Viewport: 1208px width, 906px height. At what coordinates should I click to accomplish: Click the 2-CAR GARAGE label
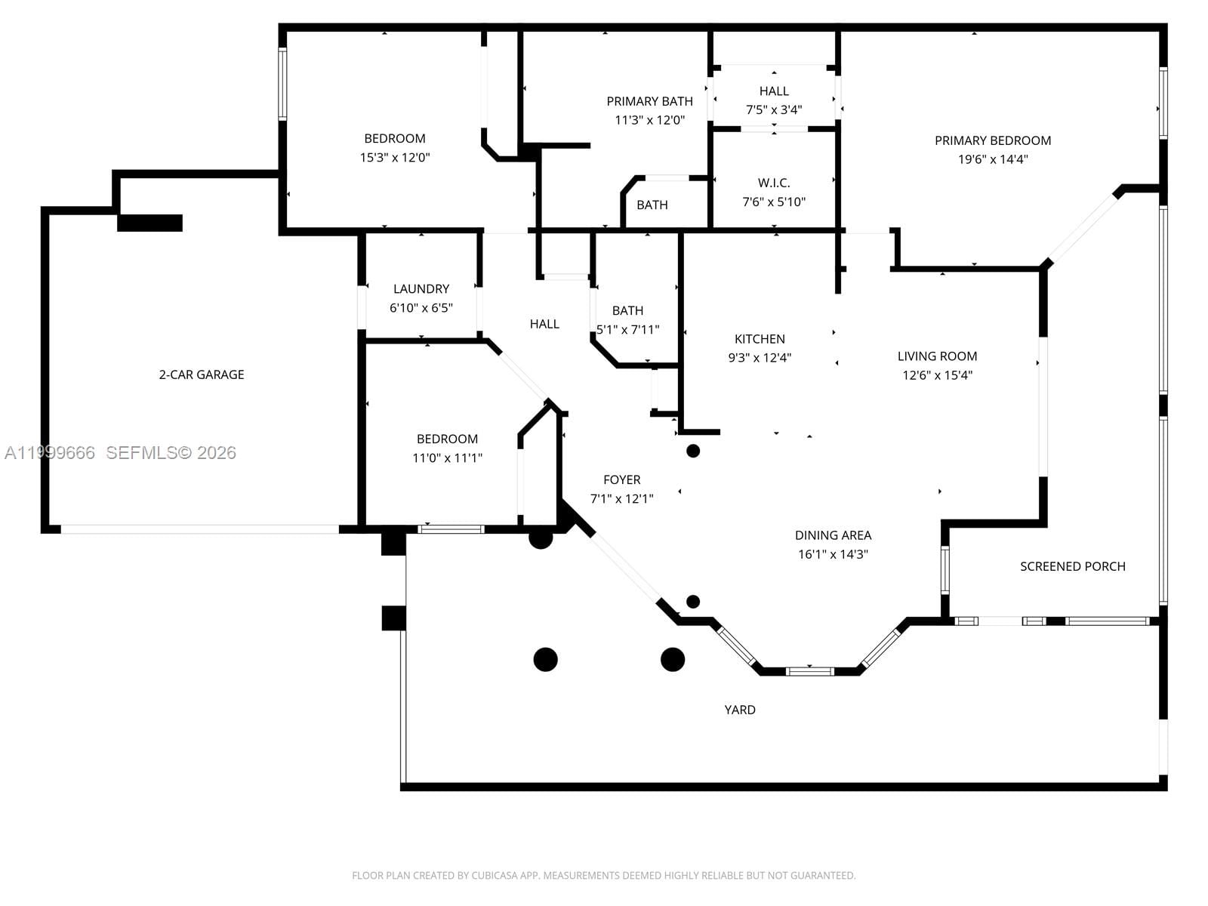[201, 374]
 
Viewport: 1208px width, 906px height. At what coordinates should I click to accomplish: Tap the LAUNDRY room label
[421, 289]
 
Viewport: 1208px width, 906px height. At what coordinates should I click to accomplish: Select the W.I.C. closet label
[774, 183]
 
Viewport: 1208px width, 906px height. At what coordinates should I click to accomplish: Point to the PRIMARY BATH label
[649, 101]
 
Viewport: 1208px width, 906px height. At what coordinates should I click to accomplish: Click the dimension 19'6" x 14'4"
[992, 159]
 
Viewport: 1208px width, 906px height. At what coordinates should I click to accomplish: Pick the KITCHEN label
[760, 339]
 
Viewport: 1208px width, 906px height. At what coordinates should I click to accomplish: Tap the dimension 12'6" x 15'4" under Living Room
[937, 375]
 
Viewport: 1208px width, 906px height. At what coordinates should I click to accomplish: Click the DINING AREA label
[833, 535]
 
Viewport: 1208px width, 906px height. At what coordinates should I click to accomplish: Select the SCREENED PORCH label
[1072, 566]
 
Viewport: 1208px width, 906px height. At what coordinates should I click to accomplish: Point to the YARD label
[740, 710]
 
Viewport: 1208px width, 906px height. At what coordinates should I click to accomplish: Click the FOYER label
[621, 479]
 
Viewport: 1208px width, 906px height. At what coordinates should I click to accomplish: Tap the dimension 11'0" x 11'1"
[447, 458]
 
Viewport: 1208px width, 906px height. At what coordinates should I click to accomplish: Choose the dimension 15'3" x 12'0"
[395, 158]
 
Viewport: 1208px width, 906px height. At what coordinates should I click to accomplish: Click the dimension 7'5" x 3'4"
[774, 109]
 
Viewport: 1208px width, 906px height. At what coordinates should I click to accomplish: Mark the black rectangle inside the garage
[149, 223]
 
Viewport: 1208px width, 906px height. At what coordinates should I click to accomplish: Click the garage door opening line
[200, 529]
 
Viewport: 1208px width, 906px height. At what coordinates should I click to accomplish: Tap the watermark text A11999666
[50, 453]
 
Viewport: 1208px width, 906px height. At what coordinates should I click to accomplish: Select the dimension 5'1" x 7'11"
[627, 330]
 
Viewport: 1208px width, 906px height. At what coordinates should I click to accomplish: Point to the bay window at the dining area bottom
[809, 670]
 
